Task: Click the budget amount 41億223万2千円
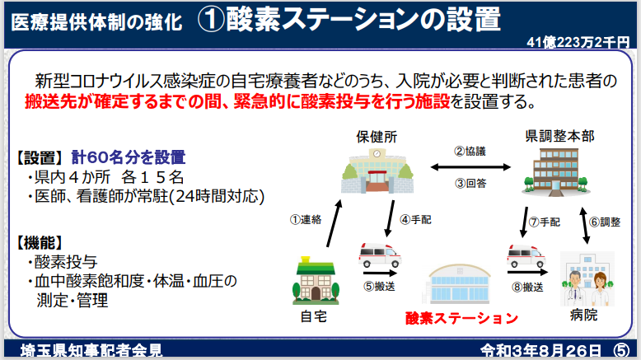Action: pyautogui.click(x=578, y=42)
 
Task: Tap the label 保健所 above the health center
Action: pyautogui.click(x=377, y=137)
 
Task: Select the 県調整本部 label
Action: pyautogui.click(x=559, y=136)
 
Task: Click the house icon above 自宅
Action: pyautogui.click(x=316, y=280)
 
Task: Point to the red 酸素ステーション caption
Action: pyautogui.click(x=461, y=318)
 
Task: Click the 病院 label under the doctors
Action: pyautogui.click(x=584, y=315)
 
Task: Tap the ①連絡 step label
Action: pyautogui.click(x=306, y=220)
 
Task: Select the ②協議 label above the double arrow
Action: pyautogui.click(x=470, y=152)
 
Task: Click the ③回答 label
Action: pyautogui.click(x=470, y=184)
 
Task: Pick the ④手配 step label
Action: pyautogui.click(x=415, y=220)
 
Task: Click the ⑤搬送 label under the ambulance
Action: pyautogui.click(x=379, y=287)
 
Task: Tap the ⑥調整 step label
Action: pyautogui.click(x=605, y=222)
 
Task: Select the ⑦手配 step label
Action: pyautogui.click(x=544, y=222)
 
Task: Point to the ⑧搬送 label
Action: pyautogui.click(x=527, y=288)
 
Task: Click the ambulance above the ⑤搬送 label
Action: pyautogui.click(x=380, y=255)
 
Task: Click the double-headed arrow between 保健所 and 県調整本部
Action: pyautogui.click(x=470, y=167)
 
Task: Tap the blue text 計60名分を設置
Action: pyautogui.click(x=129, y=157)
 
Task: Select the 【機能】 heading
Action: pyautogui.click(x=39, y=243)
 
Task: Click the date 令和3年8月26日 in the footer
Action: pyautogui.click(x=540, y=351)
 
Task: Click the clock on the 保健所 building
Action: pyautogui.click(x=377, y=154)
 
